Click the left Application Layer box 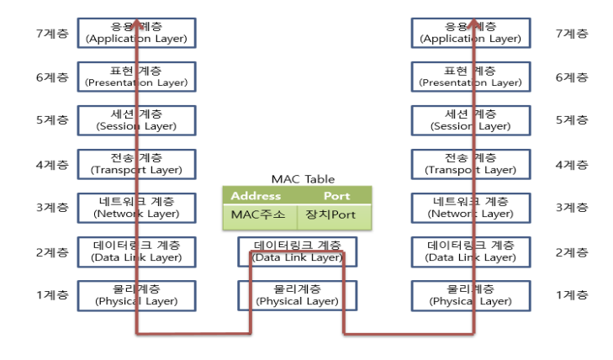(136, 33)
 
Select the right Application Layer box (471, 33)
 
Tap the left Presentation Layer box (136, 77)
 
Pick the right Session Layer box (471, 120)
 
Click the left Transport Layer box (136, 164)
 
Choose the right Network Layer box (471, 207)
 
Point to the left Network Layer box (136, 207)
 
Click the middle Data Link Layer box (298, 251)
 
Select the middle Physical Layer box (298, 294)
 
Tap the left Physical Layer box (136, 294)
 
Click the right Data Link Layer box (471, 251)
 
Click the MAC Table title (303, 179)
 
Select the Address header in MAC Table (256, 196)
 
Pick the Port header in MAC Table (336, 196)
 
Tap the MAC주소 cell (259, 214)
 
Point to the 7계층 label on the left (50, 34)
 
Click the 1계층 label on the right (572, 294)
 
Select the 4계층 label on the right (572, 164)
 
